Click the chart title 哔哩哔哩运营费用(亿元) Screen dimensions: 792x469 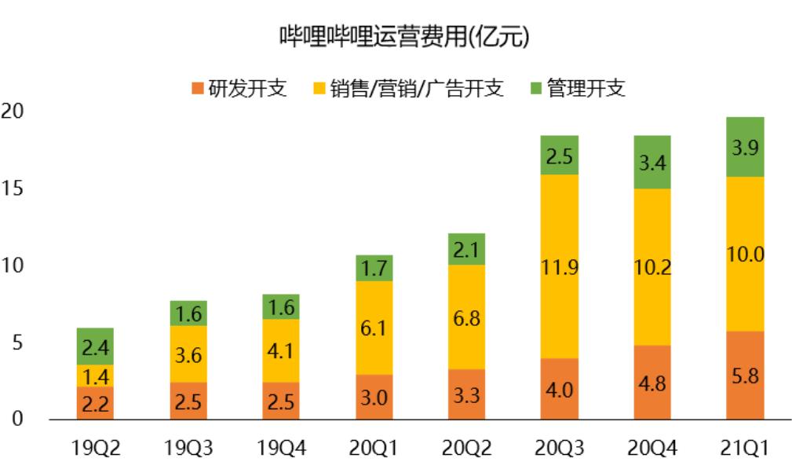(404, 36)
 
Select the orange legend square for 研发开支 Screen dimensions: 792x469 (198, 88)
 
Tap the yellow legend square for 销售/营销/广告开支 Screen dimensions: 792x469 (319, 88)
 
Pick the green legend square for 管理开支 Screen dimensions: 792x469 (536, 88)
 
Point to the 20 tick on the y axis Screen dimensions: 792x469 (12, 111)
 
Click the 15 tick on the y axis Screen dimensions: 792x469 (12, 188)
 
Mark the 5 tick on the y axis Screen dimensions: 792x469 (18, 343)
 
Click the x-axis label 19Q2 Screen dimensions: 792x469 (96, 448)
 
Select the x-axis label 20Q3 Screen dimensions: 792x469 (559, 448)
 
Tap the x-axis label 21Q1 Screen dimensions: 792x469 (745, 448)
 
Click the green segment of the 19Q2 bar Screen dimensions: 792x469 (96, 346)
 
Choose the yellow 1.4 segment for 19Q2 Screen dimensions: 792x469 (96, 376)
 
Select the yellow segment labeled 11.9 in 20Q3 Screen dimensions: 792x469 (559, 266)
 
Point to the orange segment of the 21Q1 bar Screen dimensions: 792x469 (745, 376)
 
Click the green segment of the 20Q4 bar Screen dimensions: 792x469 (652, 162)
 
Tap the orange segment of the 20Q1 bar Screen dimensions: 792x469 (374, 397)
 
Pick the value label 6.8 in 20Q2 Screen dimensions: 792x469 (466, 318)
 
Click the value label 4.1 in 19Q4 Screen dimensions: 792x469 (281, 350)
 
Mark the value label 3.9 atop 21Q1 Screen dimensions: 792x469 (745, 148)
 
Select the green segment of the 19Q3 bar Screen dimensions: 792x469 (188, 313)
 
